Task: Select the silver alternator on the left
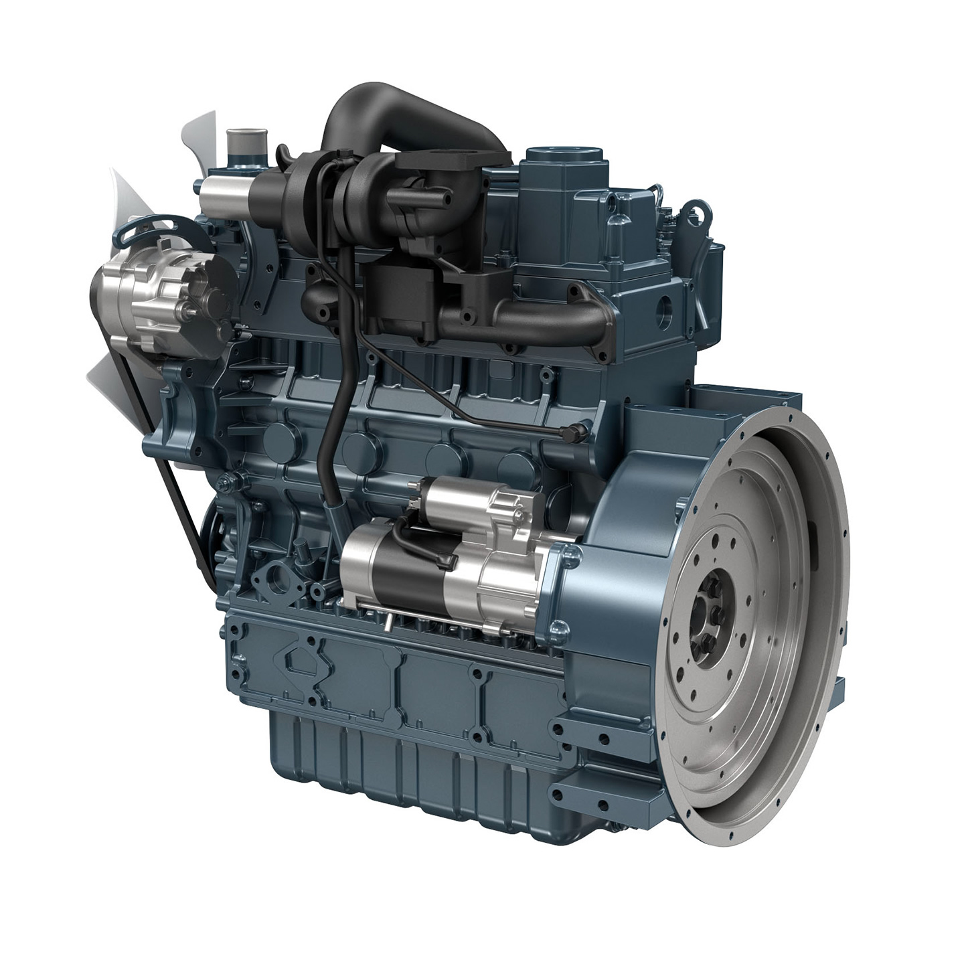(151, 295)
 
